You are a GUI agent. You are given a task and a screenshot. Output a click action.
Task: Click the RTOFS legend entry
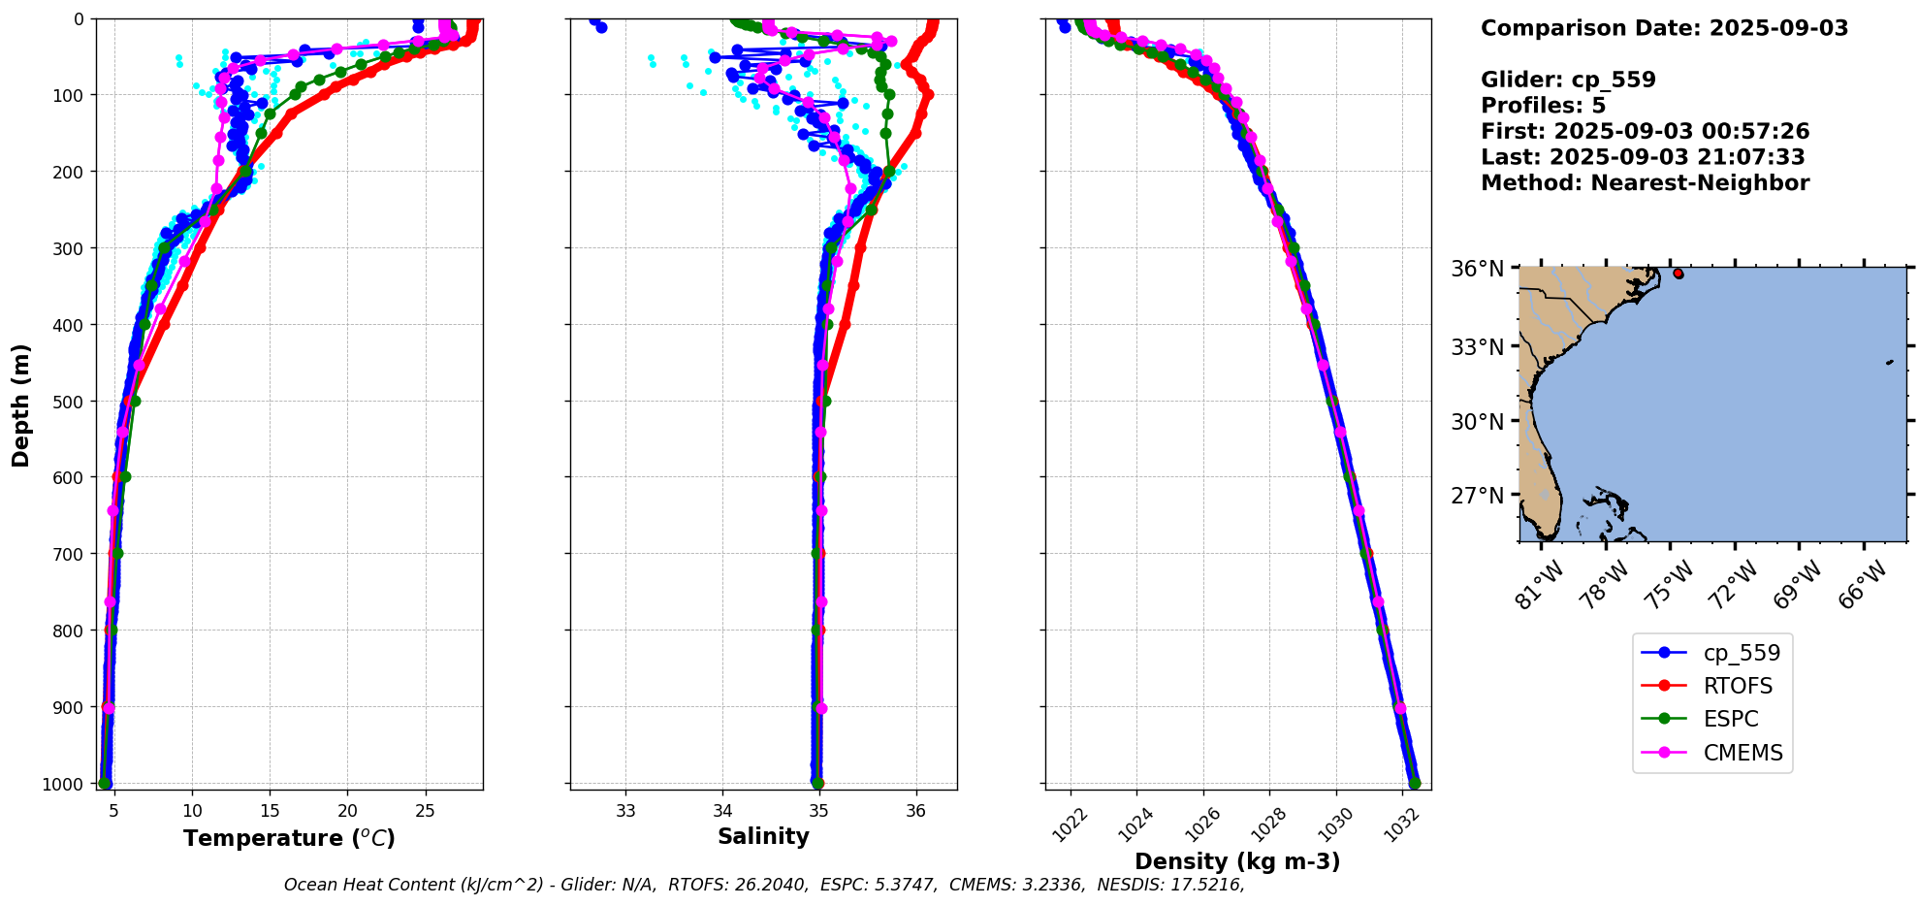[1737, 686]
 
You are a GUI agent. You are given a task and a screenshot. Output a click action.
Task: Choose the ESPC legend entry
[1730, 719]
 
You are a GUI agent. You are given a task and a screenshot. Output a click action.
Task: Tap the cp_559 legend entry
[1742, 653]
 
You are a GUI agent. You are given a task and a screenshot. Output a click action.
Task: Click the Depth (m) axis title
[21, 404]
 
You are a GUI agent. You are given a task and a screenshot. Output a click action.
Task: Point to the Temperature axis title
[289, 838]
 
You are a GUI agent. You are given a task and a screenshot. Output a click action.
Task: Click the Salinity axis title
[763, 836]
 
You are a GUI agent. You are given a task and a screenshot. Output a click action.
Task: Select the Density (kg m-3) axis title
[1237, 861]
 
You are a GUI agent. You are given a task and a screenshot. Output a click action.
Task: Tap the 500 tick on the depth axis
[72, 401]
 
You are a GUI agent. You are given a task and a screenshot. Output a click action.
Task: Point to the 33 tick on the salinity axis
[625, 810]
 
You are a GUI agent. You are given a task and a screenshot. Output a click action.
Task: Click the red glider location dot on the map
[1678, 274]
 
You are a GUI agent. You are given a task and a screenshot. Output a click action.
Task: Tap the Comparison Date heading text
[1664, 28]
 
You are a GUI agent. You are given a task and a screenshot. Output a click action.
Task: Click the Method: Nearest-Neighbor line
[1645, 183]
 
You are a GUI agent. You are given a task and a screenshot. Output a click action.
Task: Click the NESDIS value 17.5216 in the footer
[1206, 885]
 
